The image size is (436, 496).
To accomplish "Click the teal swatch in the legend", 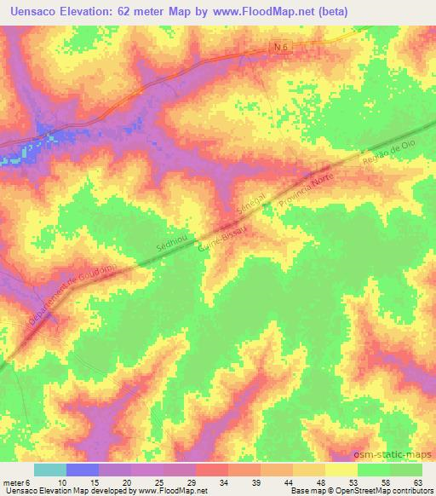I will point(50,470).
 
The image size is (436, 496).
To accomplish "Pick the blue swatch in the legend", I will point(83,470).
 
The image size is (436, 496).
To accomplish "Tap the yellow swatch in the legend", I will point(341,470).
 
